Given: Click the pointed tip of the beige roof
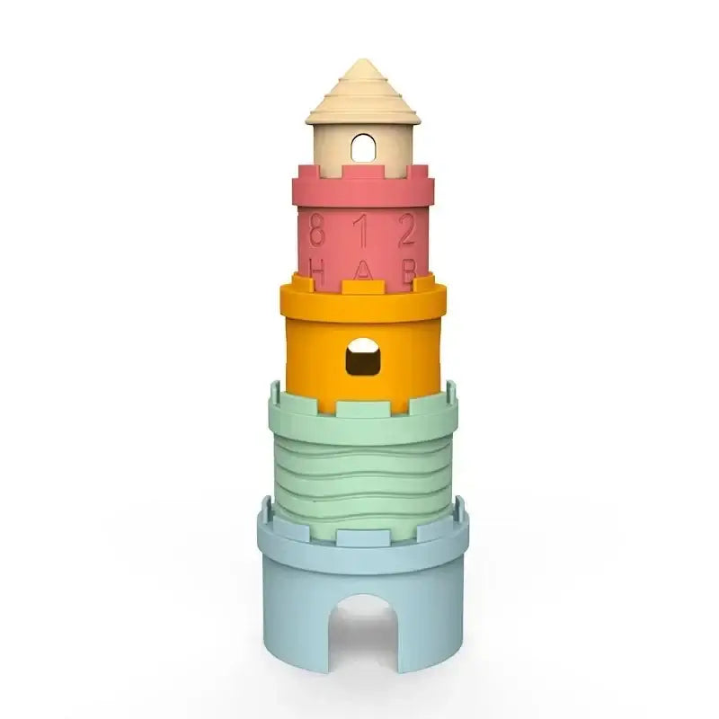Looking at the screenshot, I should pyautogui.click(x=363, y=63).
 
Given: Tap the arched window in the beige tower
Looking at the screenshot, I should pyautogui.click(x=362, y=147).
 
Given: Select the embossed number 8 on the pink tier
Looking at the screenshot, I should pyautogui.click(x=316, y=232).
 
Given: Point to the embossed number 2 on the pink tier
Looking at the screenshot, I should pyautogui.click(x=407, y=232).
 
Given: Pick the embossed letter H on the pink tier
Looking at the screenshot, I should pyautogui.click(x=316, y=269).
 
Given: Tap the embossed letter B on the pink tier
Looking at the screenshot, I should pyautogui.click(x=407, y=269).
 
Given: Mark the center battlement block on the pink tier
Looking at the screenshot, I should pyautogui.click(x=362, y=171).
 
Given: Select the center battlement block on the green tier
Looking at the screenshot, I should pyautogui.click(x=362, y=408).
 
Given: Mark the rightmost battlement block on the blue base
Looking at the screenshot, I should pyautogui.click(x=457, y=518).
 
